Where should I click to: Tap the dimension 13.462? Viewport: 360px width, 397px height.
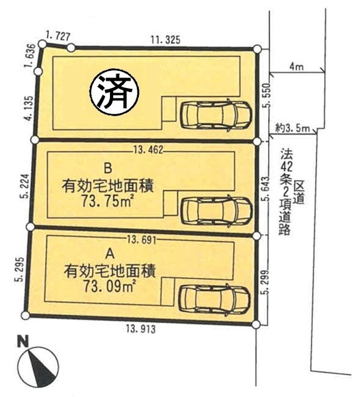pyautogui.click(x=148, y=149)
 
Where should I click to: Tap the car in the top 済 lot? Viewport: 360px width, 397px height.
pyautogui.click(x=214, y=115)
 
